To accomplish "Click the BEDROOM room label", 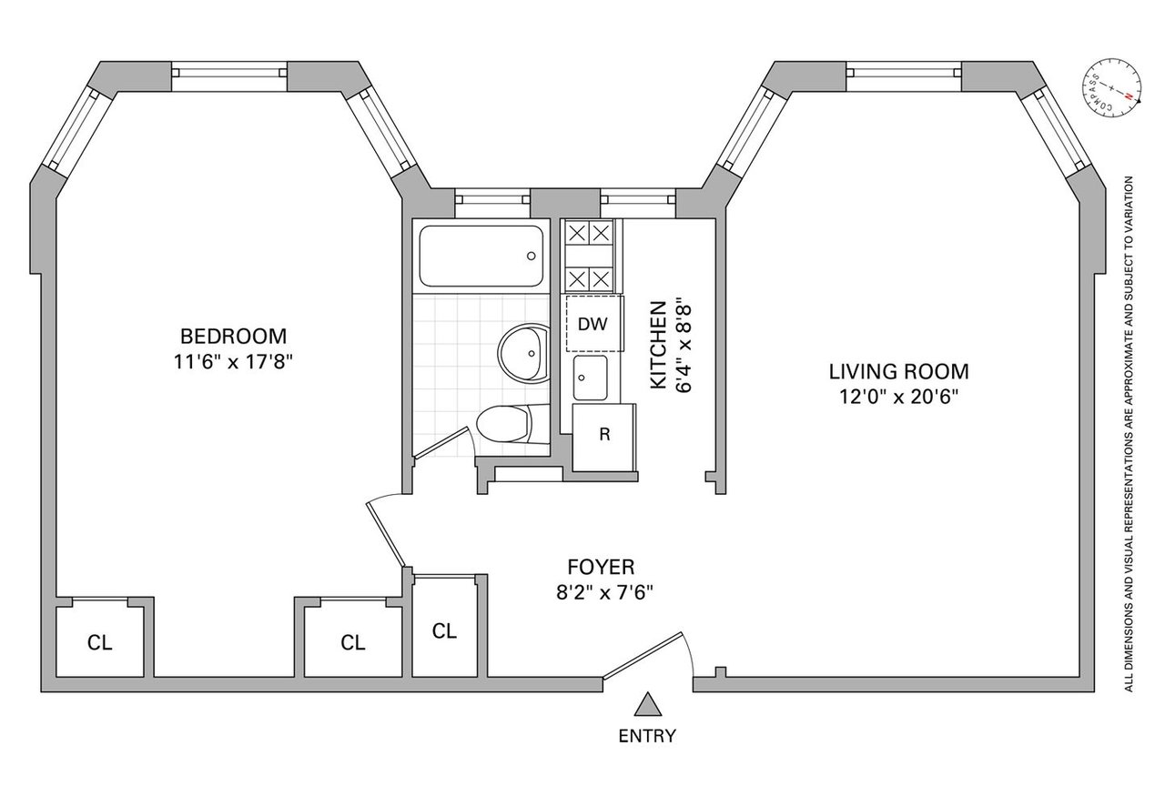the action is [x=234, y=337].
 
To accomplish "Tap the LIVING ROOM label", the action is [x=898, y=372].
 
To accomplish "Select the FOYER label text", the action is [x=602, y=567].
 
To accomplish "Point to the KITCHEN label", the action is [x=658, y=345].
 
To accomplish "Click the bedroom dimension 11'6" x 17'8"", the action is [x=234, y=361].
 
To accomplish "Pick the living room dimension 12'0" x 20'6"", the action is [x=898, y=398].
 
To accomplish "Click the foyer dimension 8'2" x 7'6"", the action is [x=604, y=592].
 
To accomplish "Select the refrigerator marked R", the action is [x=604, y=438].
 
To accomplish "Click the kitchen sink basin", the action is [x=591, y=378].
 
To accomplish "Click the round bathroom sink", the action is [x=523, y=353].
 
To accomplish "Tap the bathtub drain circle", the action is [x=531, y=256].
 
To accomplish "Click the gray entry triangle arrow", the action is [x=647, y=704].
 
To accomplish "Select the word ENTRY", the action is [x=647, y=736].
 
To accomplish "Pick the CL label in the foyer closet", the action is [x=444, y=631].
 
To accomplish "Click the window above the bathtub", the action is [x=492, y=199].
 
